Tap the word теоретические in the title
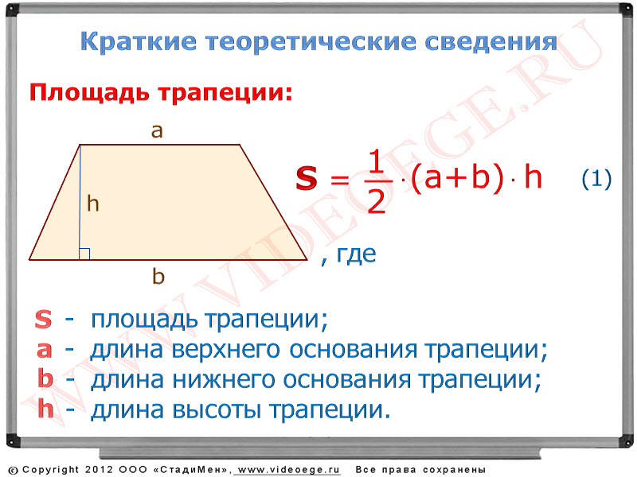311,42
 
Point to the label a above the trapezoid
157,131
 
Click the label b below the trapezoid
158,276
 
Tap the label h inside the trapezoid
93,203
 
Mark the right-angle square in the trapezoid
84,254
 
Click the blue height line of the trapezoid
80,202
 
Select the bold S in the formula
307,177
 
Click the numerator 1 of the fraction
376,161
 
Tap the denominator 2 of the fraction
376,201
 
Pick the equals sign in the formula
340,179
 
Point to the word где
356,254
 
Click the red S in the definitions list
43,319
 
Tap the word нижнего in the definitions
223,380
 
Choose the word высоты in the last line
216,409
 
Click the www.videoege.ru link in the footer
288,470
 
